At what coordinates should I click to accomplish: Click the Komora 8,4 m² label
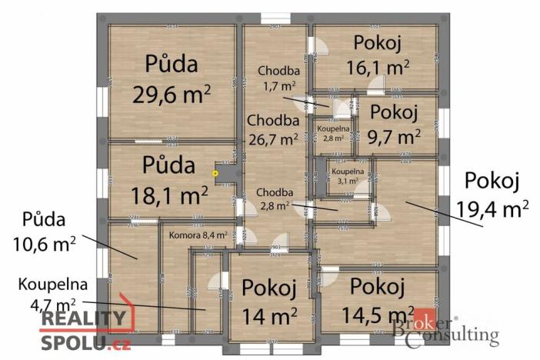(x=197, y=235)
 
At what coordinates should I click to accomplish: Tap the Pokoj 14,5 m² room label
(x=377, y=300)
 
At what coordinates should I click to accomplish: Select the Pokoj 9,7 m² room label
(x=395, y=124)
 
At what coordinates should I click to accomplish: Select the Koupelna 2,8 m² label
(x=332, y=134)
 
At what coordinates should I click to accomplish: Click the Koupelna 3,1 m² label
(x=344, y=176)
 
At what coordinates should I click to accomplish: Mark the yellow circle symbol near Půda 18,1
(x=215, y=174)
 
